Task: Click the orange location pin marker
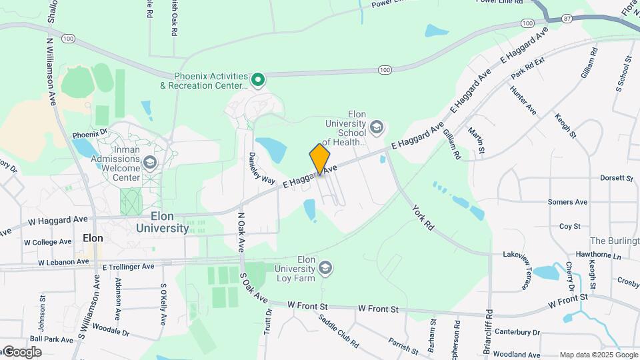coord(320,159)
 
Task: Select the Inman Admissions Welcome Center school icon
coord(151,163)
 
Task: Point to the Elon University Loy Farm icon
coord(325,268)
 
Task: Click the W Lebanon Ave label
coord(63,262)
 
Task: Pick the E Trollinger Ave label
coord(128,266)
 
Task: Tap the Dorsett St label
coord(615,179)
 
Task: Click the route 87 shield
coord(567,18)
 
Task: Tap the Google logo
coord(22,352)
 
